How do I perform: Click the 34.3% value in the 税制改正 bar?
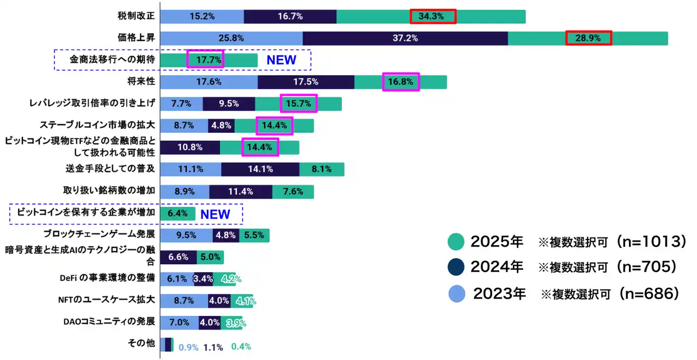pos(432,17)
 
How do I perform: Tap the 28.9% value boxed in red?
pos(588,38)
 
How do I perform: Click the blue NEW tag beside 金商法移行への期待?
pos(281,60)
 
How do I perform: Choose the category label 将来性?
pos(140,82)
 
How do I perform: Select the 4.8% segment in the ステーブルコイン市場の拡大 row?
pos(222,125)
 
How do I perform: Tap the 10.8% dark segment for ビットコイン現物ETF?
pos(190,147)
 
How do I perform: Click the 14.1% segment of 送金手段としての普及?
pos(260,169)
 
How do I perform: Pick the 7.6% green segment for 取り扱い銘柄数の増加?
pos(292,191)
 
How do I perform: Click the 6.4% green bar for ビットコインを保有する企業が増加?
pos(178,213)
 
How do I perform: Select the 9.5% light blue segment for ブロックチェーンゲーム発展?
pos(186,235)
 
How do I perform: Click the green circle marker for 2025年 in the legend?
pos(455,242)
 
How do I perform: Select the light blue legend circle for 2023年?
pos(456,294)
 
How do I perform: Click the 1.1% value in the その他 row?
pos(213,347)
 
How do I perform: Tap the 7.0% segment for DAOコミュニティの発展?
pos(179,322)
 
